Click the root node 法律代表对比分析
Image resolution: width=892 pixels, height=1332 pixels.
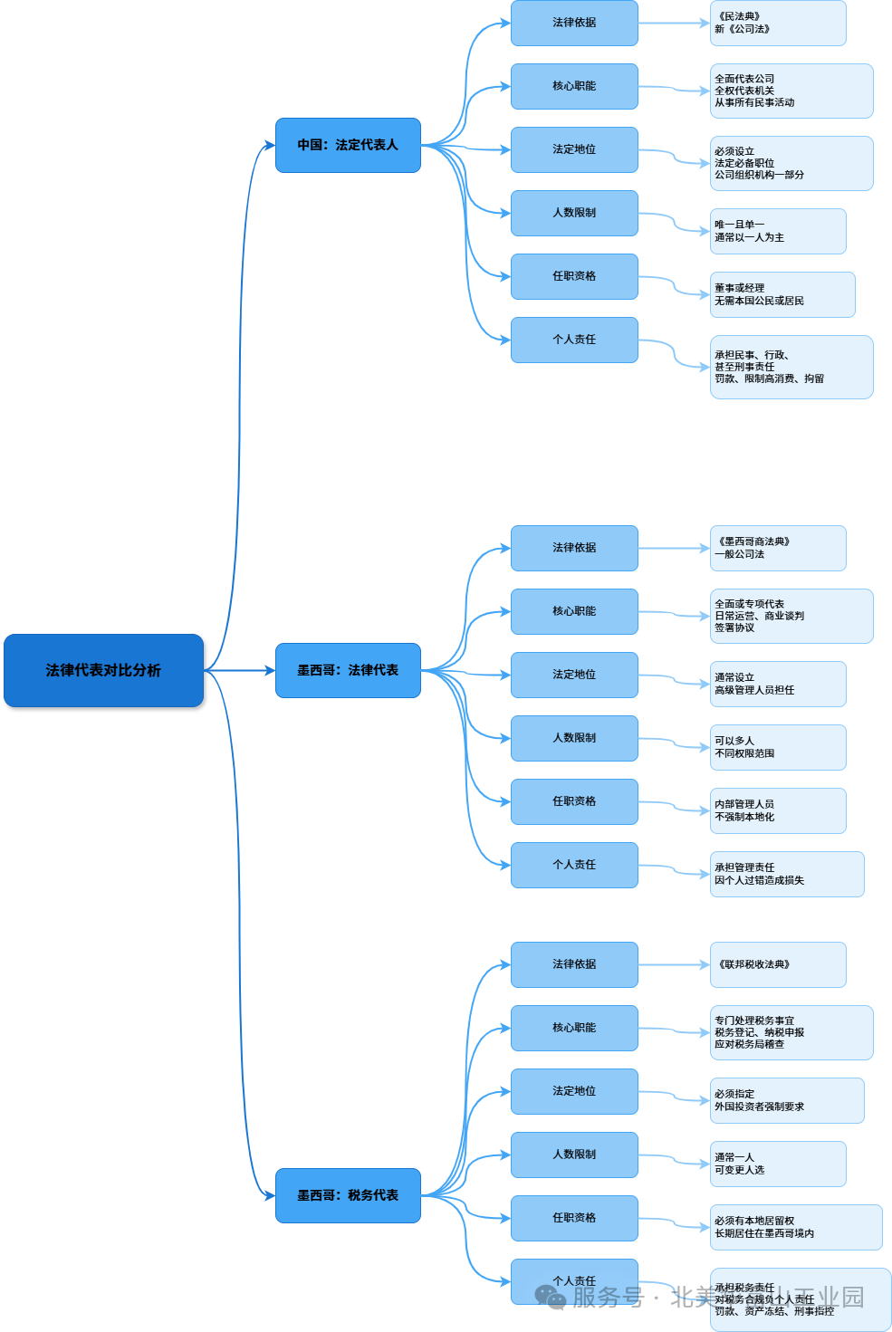tap(103, 670)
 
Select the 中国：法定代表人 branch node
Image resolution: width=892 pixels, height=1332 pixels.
tap(348, 145)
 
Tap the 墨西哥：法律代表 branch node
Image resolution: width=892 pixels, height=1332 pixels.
tap(348, 670)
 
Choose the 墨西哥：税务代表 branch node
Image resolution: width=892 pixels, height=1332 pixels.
tap(348, 1195)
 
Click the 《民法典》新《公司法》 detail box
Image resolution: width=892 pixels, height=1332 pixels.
tap(777, 23)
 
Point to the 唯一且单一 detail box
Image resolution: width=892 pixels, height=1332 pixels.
tap(777, 231)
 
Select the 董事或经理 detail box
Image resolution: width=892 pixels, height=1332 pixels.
tap(782, 294)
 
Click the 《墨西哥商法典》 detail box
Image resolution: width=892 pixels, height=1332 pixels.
tap(777, 548)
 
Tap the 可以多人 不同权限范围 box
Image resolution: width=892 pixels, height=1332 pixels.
tap(777, 747)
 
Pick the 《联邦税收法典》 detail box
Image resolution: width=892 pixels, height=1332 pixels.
tap(777, 964)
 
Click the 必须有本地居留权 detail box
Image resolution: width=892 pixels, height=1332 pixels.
tap(795, 1227)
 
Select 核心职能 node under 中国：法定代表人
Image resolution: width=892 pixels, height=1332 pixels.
tap(574, 86)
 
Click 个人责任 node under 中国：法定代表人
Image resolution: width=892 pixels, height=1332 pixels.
tap(574, 340)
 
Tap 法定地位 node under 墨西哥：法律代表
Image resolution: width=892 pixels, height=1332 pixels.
tap(574, 675)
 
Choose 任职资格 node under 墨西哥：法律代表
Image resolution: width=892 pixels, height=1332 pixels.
tap(574, 801)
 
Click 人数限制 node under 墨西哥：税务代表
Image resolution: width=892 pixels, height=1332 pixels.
tap(574, 1155)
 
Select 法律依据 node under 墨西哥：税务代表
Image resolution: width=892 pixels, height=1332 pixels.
tap(574, 964)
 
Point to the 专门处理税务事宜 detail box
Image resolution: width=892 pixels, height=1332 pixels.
tap(791, 1032)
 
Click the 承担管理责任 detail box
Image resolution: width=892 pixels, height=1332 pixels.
tap(786, 874)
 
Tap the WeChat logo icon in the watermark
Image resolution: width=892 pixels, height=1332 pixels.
tap(550, 1297)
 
